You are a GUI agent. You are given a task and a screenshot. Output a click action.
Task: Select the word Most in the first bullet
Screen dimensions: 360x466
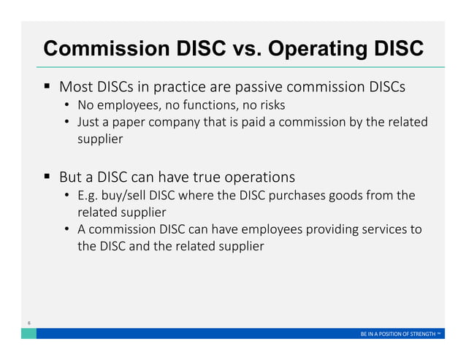pyautogui.click(x=75, y=87)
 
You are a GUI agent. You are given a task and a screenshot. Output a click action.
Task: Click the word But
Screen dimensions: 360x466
pyautogui.click(x=74, y=177)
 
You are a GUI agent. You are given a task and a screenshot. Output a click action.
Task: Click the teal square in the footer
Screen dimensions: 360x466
pyautogui.click(x=28, y=333)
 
